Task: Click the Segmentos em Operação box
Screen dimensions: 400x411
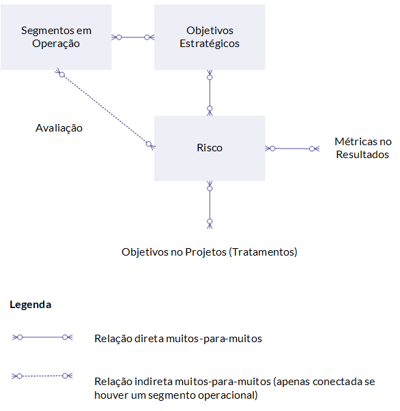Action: [x=56, y=37]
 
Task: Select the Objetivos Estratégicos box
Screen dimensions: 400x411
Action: [x=210, y=37]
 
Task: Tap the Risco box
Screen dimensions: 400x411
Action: [x=210, y=149]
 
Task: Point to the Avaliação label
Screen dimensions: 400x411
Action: [x=59, y=128]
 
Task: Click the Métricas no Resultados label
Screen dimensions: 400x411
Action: [x=363, y=148]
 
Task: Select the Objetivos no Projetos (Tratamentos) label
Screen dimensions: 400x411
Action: [x=210, y=252]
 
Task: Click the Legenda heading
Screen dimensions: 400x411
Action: [x=31, y=305]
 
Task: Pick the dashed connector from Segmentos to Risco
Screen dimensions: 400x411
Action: [x=105, y=109]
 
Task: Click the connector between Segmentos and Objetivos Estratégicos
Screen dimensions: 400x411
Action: [x=133, y=37]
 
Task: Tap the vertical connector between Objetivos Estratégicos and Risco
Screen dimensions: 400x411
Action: [x=210, y=93]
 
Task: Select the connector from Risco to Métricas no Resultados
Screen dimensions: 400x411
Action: [x=292, y=149]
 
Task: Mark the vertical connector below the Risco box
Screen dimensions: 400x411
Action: [x=210, y=205]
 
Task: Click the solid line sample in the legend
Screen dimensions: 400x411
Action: [x=42, y=337]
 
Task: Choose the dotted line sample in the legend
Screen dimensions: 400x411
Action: [x=42, y=376]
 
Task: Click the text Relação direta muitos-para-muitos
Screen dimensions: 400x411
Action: [x=178, y=339]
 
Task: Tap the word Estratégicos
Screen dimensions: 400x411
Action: [x=210, y=44]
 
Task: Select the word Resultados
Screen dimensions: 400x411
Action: [x=362, y=155]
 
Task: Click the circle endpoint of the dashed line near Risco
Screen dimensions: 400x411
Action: [x=149, y=144]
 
